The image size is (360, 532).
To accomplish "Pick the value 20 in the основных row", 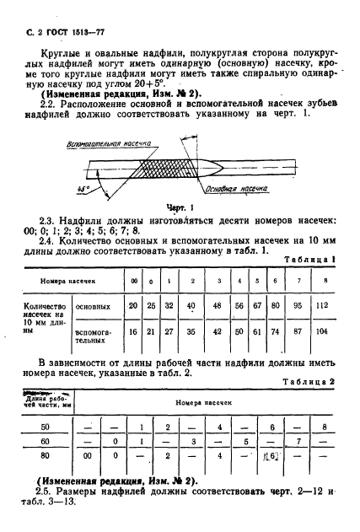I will (132, 305).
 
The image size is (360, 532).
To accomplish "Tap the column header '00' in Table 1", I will (132, 279).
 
